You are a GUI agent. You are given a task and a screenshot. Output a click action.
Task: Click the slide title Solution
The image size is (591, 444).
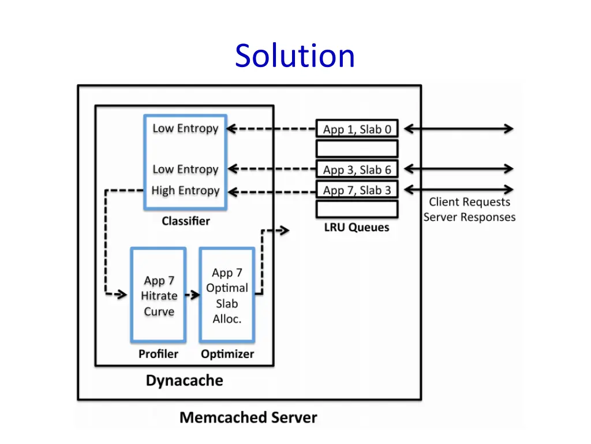[294, 56]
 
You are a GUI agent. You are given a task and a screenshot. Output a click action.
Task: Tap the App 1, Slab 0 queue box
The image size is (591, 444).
[357, 129]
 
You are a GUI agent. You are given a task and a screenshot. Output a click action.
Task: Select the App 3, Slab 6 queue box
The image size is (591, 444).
[357, 169]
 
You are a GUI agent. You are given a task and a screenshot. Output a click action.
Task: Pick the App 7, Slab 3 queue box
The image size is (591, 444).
[357, 190]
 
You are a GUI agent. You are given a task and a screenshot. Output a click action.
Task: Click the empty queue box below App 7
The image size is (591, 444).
[357, 209]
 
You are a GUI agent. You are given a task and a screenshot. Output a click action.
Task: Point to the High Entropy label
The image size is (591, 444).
[185, 190]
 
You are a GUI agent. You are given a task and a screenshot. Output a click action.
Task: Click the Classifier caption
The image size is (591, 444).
[185, 221]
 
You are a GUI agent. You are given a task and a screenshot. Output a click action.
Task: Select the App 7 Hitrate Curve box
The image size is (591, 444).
[159, 295]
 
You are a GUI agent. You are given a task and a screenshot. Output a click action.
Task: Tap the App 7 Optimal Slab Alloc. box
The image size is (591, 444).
[227, 295]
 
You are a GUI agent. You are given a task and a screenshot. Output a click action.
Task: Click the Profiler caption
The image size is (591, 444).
[158, 354]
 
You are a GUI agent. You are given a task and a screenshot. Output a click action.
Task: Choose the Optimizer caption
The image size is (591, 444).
[227, 354]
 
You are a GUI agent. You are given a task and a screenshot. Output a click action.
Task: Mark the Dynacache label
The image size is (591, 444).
[184, 381]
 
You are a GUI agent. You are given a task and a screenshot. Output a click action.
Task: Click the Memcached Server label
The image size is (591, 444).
[248, 417]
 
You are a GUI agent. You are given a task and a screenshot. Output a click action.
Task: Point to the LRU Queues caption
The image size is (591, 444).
[356, 227]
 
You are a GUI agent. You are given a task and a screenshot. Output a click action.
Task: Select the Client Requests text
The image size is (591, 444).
[469, 202]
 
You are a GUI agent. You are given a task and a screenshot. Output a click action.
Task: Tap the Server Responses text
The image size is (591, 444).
[469, 217]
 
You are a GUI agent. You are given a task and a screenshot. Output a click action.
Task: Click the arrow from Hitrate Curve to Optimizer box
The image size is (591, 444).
[192, 295]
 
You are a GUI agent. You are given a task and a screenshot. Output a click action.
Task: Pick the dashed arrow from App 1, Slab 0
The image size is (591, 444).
[271, 129]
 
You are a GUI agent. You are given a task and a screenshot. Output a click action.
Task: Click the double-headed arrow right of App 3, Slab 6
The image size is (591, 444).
[458, 169]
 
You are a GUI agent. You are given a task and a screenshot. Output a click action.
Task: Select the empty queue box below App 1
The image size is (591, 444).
[357, 149]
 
